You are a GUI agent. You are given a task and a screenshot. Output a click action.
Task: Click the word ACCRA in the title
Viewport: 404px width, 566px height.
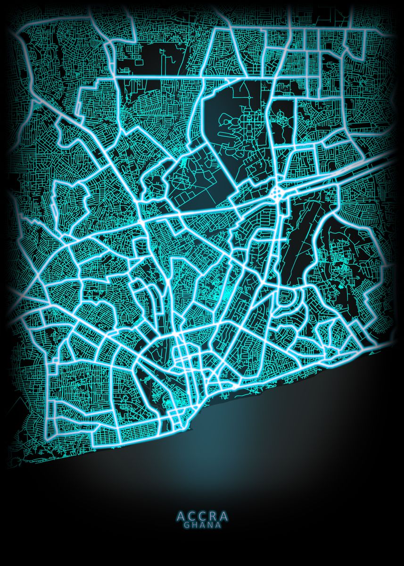pos(202,516)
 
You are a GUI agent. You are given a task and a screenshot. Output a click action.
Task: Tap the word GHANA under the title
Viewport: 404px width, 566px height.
pos(202,524)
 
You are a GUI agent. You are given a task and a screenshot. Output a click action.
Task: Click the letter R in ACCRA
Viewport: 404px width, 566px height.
pos(213,516)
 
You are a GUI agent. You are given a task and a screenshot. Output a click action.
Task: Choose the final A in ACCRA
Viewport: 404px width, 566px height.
pos(223,516)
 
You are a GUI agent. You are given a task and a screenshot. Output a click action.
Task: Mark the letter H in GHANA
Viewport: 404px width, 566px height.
pos(194,524)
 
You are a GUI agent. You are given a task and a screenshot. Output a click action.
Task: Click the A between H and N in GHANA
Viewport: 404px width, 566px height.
pos(202,524)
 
